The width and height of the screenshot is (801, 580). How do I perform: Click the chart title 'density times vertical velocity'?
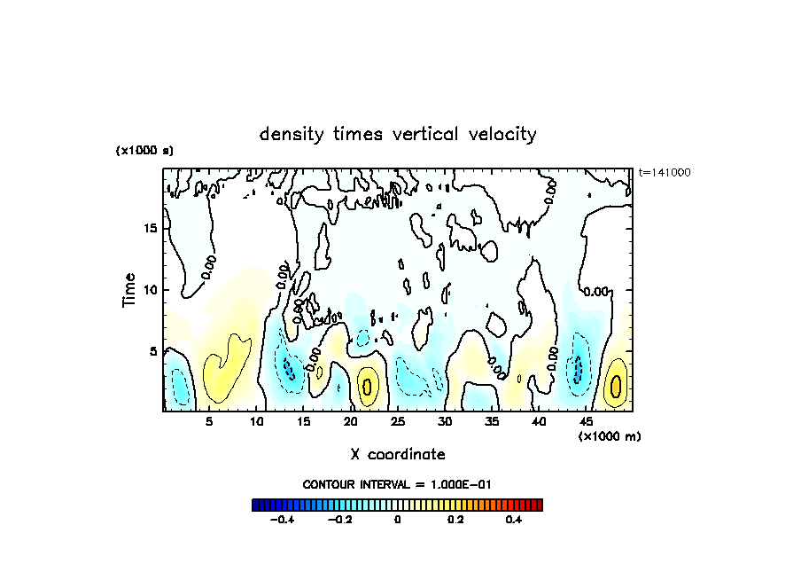tap(398, 135)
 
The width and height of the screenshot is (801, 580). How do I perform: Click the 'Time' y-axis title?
tap(129, 290)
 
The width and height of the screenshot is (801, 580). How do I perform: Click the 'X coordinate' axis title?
tap(398, 454)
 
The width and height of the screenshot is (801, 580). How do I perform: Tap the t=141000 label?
tap(665, 172)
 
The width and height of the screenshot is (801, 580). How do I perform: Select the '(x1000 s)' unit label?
tap(144, 151)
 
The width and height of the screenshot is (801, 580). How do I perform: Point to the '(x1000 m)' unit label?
tap(610, 436)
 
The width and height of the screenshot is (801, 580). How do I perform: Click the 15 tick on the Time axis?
tap(151, 228)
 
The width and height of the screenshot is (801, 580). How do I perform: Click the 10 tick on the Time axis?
tap(151, 290)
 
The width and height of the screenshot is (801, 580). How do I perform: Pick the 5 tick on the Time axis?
tap(154, 351)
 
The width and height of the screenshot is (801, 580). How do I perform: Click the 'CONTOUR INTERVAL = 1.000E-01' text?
tap(397, 484)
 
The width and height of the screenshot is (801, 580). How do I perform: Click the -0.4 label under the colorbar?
tap(281, 521)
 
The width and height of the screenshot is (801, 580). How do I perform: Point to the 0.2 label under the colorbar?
tap(455, 521)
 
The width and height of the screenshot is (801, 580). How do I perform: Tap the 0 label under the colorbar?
tap(398, 521)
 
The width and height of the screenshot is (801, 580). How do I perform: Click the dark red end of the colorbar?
tap(538, 505)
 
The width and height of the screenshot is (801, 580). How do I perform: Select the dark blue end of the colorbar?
tap(257, 505)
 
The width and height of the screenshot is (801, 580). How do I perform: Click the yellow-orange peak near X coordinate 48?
tap(616, 386)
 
